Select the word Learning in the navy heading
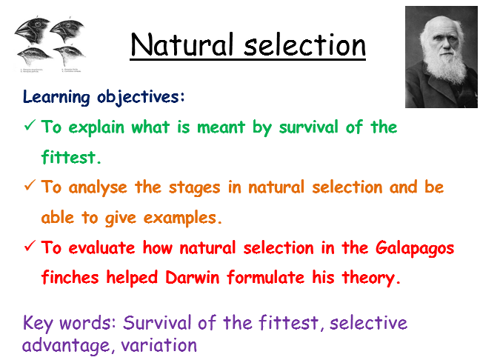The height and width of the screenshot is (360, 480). [x=56, y=97]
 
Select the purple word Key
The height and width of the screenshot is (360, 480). [x=40, y=324]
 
